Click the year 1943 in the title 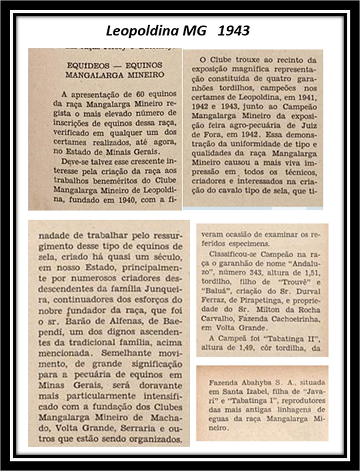tap(235, 31)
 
